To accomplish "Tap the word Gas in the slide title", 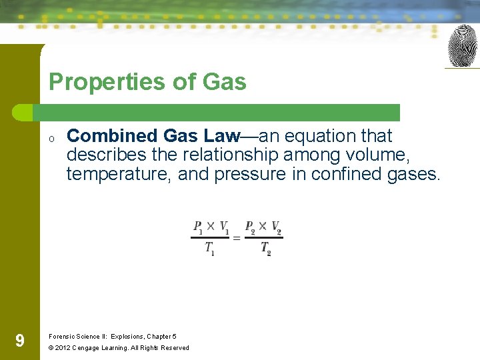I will point(225,82).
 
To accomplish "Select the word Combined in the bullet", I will point(112,136).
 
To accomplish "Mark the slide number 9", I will point(20,341).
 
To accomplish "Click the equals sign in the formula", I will point(236,237).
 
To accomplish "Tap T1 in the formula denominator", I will point(209,249).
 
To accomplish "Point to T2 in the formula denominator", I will point(265,249).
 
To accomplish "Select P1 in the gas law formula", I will point(199,227).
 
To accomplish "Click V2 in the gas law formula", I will point(276,227).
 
